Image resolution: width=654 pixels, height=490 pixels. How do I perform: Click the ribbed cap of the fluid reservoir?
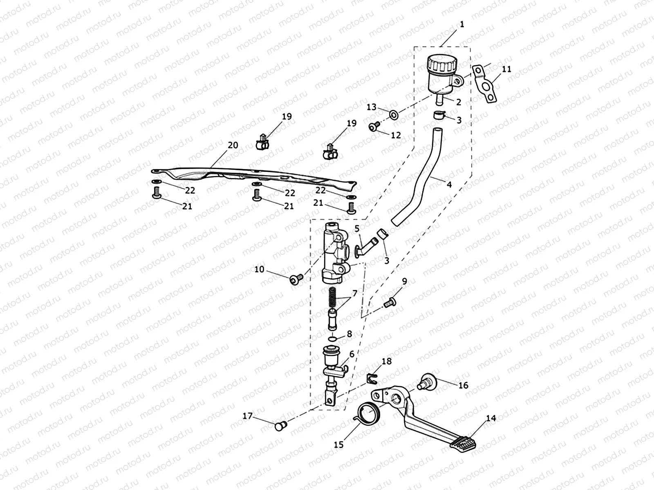pos(441,64)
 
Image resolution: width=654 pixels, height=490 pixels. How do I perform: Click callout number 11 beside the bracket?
pos(506,69)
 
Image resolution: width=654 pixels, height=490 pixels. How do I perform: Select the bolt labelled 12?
pos(373,127)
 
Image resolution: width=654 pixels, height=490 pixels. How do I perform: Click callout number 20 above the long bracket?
pos(233,145)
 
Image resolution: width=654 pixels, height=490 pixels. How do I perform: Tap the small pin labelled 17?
pos(280,425)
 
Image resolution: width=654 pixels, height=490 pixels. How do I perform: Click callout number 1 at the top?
pos(462,24)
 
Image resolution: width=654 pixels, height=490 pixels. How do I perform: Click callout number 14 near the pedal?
pos(491,419)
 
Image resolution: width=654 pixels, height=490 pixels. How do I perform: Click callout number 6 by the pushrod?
pos(352,354)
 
